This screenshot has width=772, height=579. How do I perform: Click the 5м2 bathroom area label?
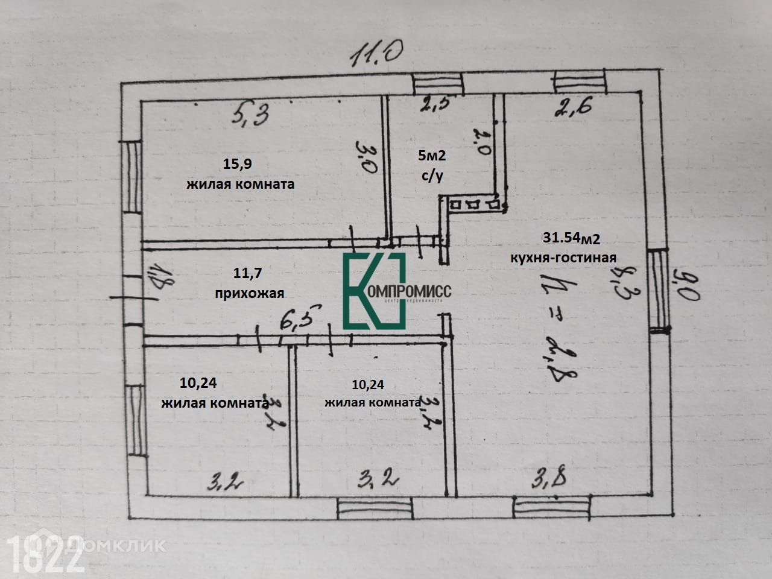(x=432, y=156)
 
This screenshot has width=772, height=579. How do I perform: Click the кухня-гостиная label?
(x=563, y=258)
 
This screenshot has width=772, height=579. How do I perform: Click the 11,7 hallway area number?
(x=247, y=273)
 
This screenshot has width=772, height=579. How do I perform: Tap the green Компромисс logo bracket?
(x=374, y=291)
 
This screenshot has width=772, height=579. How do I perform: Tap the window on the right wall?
(x=660, y=290)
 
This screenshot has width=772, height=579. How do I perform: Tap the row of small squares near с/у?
(x=474, y=205)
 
